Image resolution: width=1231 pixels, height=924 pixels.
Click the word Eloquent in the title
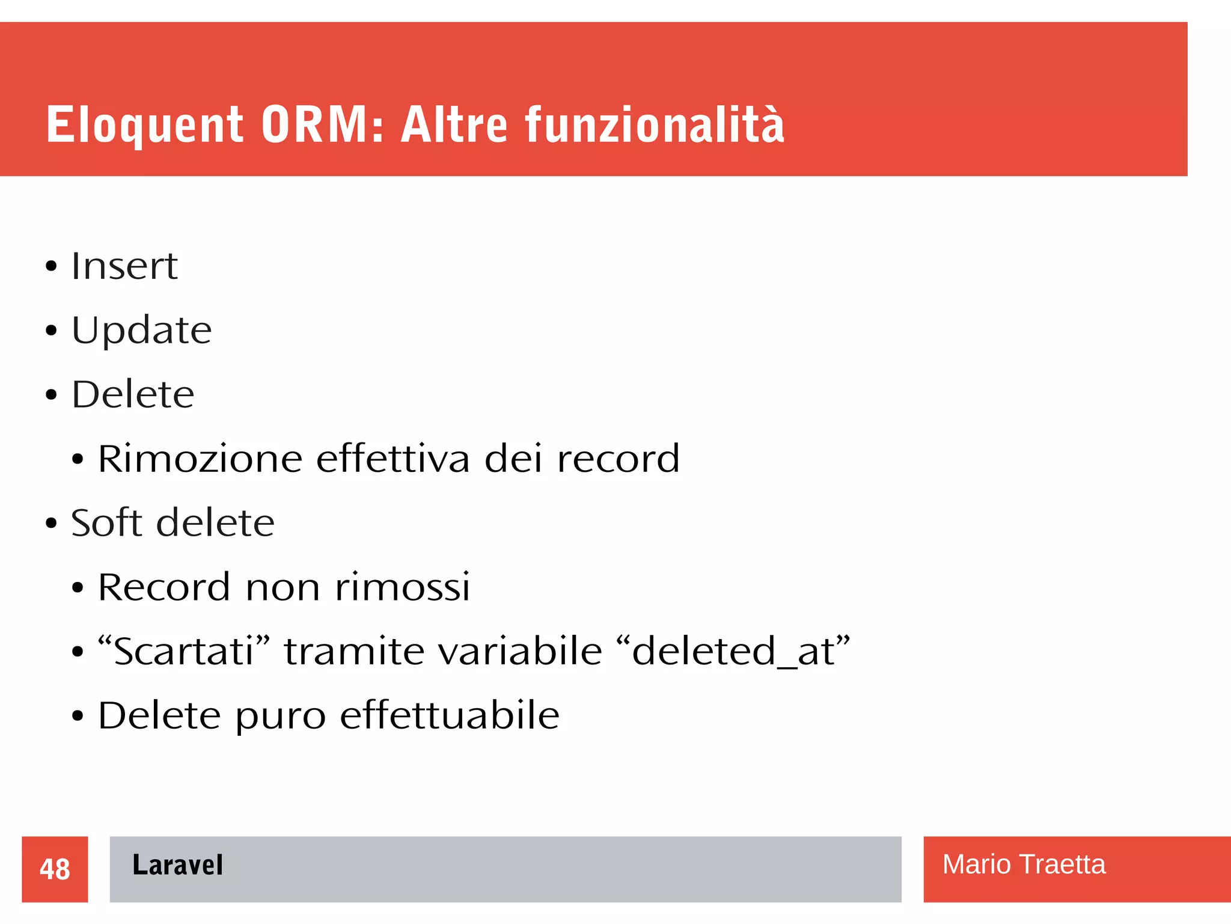pos(145,125)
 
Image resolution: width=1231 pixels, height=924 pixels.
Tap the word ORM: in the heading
pos(322,125)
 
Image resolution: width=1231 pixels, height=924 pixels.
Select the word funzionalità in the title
pos(655,125)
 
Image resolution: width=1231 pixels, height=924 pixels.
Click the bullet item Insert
pos(124,266)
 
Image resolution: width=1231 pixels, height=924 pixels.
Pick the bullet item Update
pos(142,331)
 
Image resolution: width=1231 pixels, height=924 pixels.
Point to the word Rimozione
pos(200,459)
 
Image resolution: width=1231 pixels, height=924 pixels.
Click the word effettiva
pos(393,459)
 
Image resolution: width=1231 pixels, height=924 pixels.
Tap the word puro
pos(280,717)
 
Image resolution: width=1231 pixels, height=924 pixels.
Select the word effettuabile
pos(450,715)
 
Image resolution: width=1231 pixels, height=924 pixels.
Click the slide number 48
pos(55,869)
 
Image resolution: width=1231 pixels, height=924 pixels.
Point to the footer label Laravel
pos(177,865)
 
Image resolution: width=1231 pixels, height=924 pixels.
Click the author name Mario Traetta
pos(1024,864)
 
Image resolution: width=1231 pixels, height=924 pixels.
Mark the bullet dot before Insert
pos(51,266)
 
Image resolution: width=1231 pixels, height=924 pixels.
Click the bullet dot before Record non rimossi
pos(78,588)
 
